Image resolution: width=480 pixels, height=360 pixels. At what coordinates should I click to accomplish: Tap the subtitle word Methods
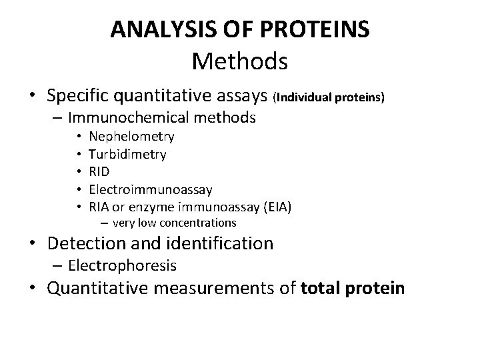[x=239, y=61]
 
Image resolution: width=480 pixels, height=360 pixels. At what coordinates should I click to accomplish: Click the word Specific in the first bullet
[x=79, y=95]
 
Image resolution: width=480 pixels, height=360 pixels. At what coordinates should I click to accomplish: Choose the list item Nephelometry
[x=131, y=137]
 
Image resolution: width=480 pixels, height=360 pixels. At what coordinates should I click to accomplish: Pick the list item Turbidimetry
[x=127, y=154]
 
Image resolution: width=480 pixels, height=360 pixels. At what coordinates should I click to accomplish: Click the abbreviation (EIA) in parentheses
[x=277, y=207]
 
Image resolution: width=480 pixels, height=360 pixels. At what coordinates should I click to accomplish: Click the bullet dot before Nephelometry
[x=78, y=137]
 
